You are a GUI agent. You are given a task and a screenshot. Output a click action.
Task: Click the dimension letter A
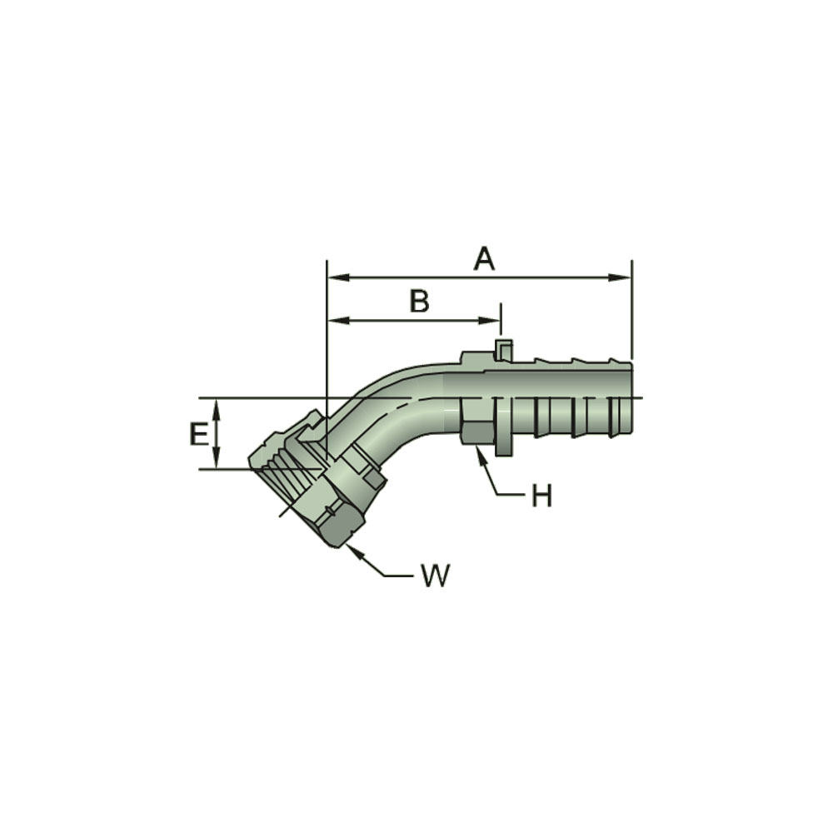tap(484, 259)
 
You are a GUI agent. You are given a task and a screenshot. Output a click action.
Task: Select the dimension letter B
tap(419, 301)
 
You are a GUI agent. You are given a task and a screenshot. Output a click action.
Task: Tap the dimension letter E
tap(198, 434)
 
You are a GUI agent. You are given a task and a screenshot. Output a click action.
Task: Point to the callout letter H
tap(541, 496)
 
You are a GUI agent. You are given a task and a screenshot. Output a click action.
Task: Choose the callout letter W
tap(435, 575)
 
